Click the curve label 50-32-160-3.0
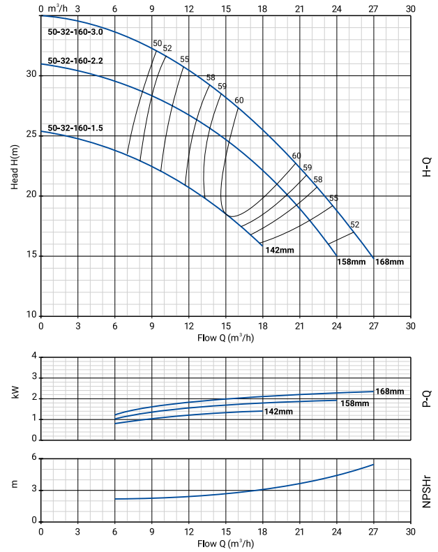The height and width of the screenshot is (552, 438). coord(75,32)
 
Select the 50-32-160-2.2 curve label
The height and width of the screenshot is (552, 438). coord(75,61)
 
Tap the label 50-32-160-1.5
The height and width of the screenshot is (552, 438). coord(75,128)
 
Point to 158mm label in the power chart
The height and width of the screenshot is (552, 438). coord(354,403)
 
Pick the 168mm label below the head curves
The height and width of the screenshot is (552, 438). coord(389,262)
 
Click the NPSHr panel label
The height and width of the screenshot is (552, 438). coord(427,491)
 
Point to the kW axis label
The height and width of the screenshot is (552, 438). coord(15,394)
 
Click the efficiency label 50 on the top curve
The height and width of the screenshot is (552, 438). coord(157,43)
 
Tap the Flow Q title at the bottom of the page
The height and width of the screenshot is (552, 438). coord(225,544)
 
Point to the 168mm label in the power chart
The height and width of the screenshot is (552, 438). coord(389,391)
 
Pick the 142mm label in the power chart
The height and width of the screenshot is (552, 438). coord(278,412)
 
